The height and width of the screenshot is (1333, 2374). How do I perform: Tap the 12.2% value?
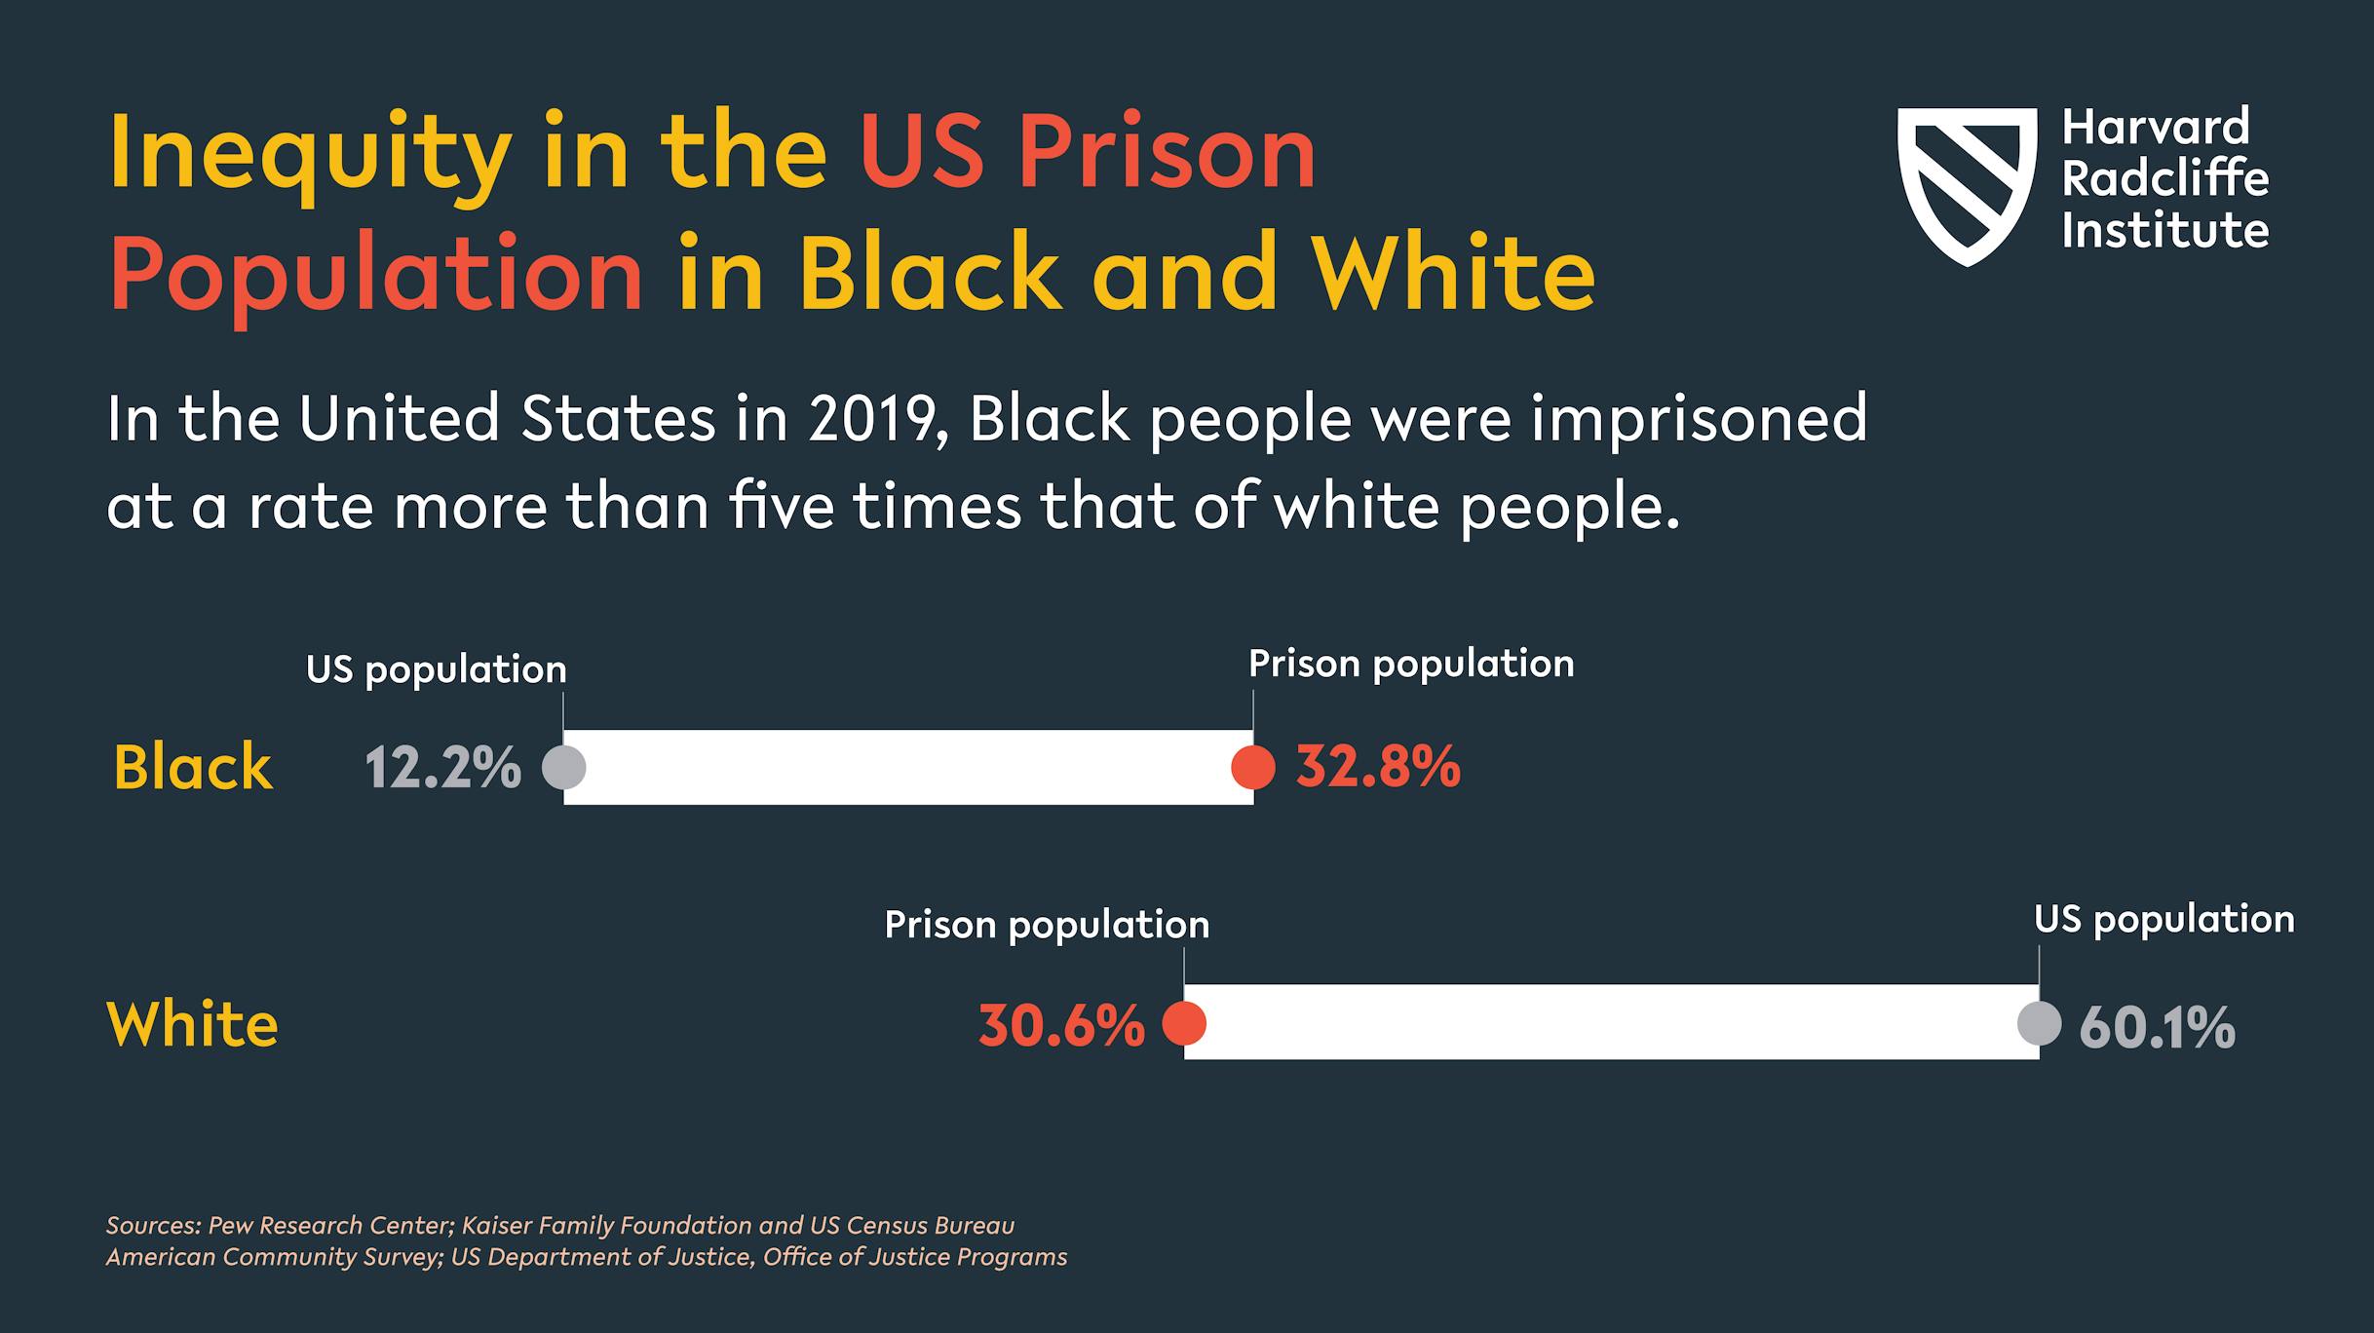(443, 768)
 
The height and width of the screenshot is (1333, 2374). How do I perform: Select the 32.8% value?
(1378, 768)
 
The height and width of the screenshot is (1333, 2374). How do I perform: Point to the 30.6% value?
(1061, 1025)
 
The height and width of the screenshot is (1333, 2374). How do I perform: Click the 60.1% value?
(2157, 1027)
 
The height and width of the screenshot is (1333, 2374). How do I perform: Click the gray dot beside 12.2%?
(563, 767)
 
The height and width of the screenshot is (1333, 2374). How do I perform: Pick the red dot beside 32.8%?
(1253, 767)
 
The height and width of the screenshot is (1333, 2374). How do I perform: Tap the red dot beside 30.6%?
(1184, 1023)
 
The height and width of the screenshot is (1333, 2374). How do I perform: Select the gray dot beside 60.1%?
(2039, 1023)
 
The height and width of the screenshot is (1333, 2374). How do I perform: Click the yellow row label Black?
(193, 767)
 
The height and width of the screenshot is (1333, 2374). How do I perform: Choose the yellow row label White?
(192, 1024)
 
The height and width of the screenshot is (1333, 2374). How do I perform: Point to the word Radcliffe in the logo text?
(2165, 179)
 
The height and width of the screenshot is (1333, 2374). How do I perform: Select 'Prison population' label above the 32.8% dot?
(1411, 664)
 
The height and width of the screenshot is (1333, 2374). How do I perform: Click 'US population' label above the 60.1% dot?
(2163, 919)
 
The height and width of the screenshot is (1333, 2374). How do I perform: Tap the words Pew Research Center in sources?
(330, 1225)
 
